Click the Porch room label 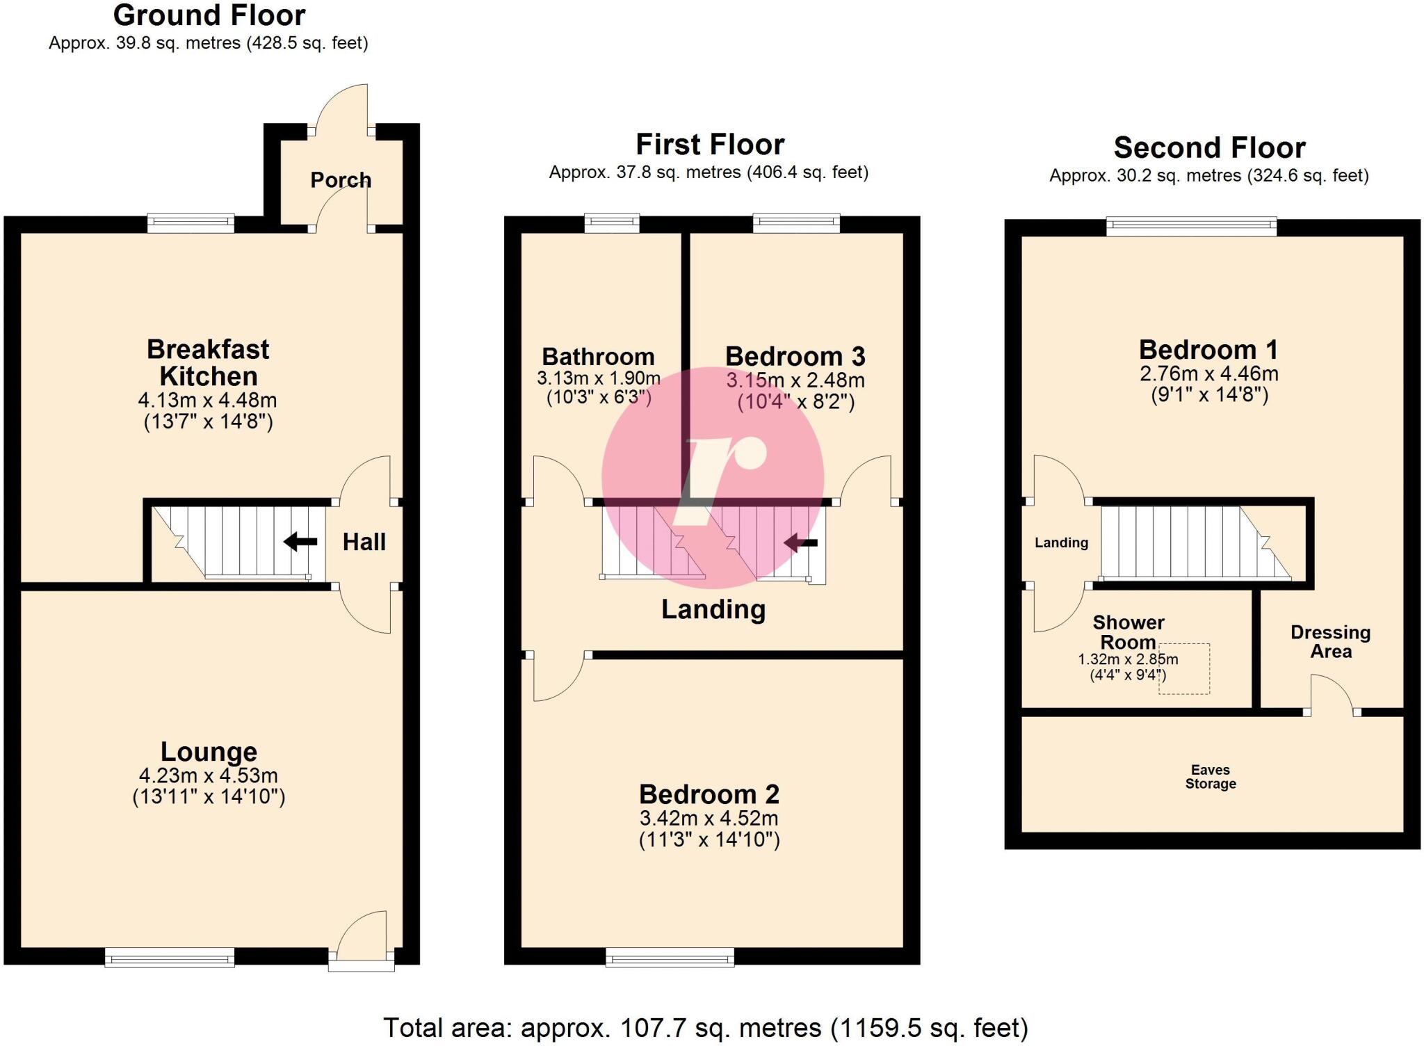341,180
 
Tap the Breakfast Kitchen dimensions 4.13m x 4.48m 207,401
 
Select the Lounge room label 209,752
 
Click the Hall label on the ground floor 364,542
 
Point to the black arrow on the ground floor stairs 300,541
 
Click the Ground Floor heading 209,15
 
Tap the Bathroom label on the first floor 598,357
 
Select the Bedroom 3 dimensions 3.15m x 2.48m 795,381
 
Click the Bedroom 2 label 709,794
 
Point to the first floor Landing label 713,609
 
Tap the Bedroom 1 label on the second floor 1208,350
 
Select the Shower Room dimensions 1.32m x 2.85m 1127,659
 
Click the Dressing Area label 1330,642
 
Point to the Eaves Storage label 1211,777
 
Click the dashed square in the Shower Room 1184,669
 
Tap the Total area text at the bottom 705,1028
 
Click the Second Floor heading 1209,148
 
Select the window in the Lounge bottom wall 170,958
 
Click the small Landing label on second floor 1061,542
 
